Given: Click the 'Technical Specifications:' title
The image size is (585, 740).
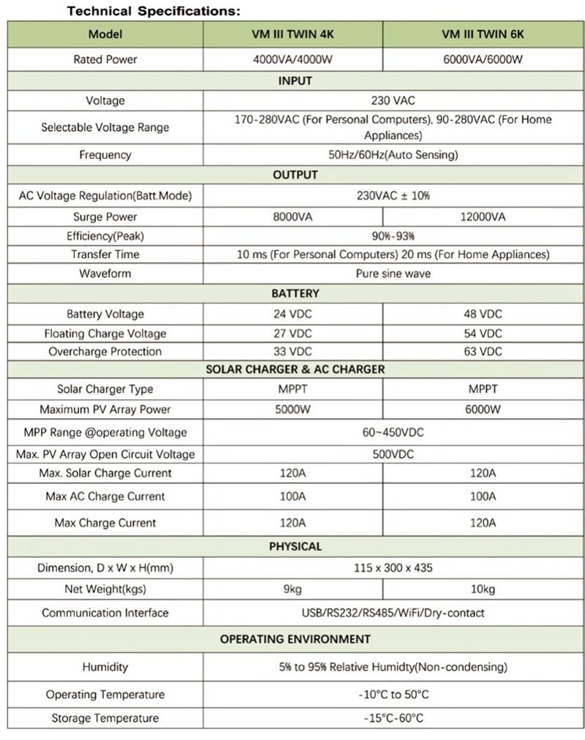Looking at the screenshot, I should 154,12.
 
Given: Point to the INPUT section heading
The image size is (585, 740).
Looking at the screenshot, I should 295,80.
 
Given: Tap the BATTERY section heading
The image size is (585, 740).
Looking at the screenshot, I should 295,293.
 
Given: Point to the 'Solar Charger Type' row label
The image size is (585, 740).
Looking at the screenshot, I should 105,390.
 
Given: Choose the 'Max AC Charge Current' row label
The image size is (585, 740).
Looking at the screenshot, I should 105,497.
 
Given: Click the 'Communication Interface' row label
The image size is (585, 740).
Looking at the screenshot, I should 105,613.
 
